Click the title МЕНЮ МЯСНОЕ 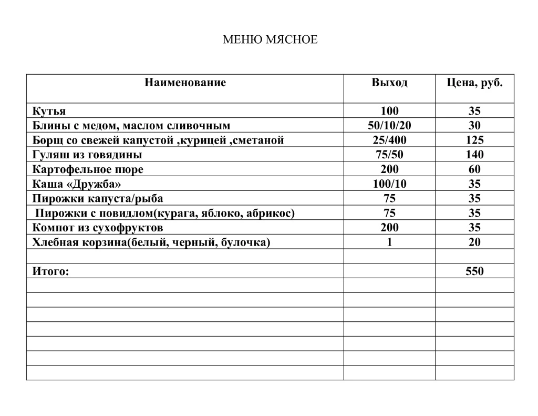[x=270, y=40]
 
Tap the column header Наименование [x=185, y=83]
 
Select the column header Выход [x=389, y=83]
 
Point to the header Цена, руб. [x=474, y=83]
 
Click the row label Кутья [x=49, y=111]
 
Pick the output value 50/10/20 [x=389, y=126]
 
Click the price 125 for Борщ [x=474, y=140]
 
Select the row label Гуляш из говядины [x=87, y=155]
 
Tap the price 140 [x=474, y=155]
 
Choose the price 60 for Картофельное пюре [x=474, y=169]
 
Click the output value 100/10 [x=389, y=184]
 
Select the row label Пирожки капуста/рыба [x=97, y=199]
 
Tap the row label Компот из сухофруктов [x=97, y=228]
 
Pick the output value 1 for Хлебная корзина [x=389, y=242]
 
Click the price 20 [x=474, y=242]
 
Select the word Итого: [x=50, y=271]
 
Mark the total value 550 [x=474, y=271]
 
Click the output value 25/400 [x=389, y=140]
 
